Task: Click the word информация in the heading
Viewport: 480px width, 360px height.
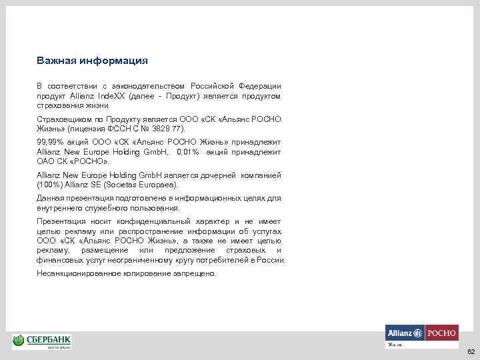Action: click(113, 61)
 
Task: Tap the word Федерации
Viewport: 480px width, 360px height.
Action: click(259, 87)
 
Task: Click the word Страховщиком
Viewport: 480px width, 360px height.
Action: click(64, 119)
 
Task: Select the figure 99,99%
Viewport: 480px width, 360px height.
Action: click(50, 143)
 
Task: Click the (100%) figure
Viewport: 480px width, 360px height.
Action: click(51, 185)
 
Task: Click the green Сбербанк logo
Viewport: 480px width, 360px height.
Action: click(42, 341)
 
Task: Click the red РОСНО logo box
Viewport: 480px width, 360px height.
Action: click(441, 332)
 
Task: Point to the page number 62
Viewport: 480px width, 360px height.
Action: click(471, 351)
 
